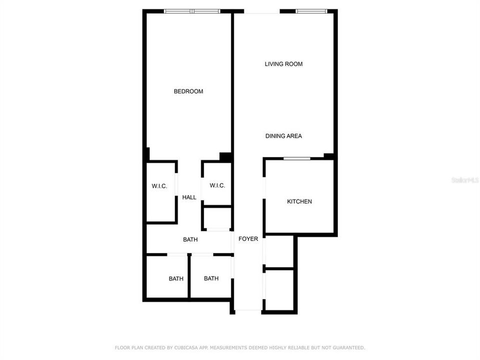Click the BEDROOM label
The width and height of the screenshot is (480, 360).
[x=188, y=91]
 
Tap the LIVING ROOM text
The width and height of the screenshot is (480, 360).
[x=283, y=64]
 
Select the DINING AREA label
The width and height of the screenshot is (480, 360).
[x=283, y=136]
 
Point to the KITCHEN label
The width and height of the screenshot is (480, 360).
[x=299, y=201]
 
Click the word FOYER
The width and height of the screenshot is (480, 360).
[x=248, y=239]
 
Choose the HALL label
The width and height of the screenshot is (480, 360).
[x=189, y=197]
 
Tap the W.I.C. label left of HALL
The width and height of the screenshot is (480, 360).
[x=159, y=186]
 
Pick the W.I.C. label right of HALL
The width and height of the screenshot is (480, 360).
[x=217, y=185]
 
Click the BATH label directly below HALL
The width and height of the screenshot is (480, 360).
[x=190, y=240]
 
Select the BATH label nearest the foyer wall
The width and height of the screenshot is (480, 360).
[x=211, y=278]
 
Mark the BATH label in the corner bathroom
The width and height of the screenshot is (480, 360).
[x=176, y=278]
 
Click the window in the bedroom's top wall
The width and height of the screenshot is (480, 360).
[x=192, y=11]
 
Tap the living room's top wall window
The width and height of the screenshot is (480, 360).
[x=311, y=11]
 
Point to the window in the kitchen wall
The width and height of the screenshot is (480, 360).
[x=297, y=159]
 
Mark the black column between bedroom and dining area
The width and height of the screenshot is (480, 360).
[x=225, y=157]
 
